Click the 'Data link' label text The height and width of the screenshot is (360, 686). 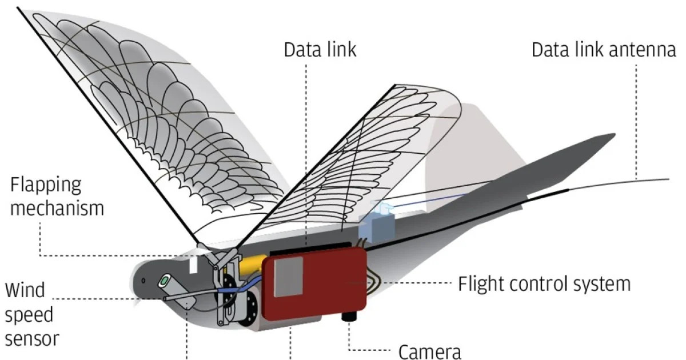[320, 50]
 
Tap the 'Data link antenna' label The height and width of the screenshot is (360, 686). [604, 50]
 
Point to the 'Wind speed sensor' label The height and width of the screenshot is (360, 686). [32, 314]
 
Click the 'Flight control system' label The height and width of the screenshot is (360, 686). [544, 283]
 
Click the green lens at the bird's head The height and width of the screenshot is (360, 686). [166, 281]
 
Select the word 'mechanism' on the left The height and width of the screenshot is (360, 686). [57, 207]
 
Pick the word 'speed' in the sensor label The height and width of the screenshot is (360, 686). [29, 314]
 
